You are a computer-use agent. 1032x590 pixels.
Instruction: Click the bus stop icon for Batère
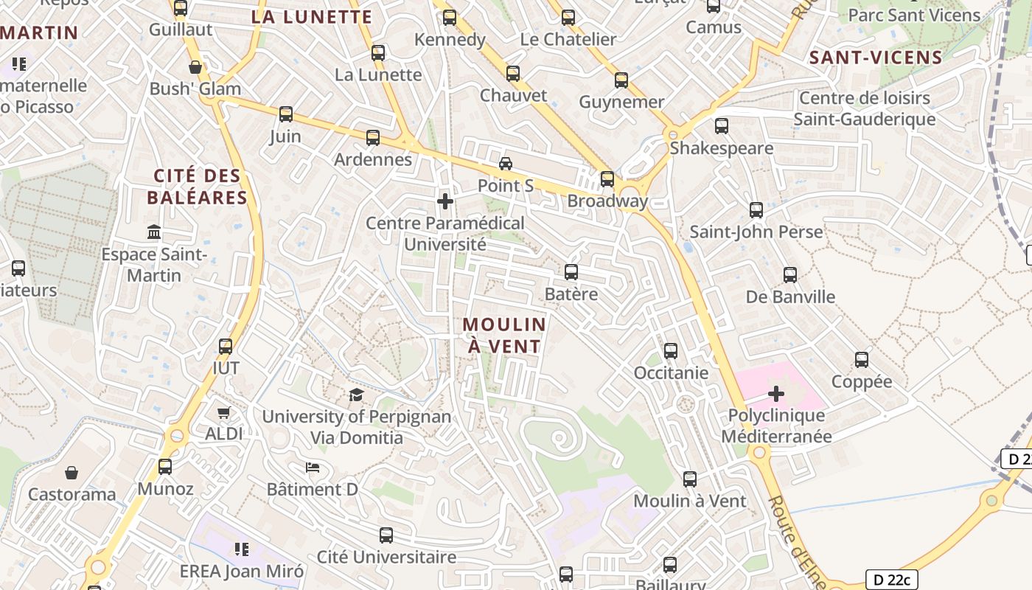coord(571,272)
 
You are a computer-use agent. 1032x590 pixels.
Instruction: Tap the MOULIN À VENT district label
coord(505,335)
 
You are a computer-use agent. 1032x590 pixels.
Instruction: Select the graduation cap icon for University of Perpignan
coord(357,395)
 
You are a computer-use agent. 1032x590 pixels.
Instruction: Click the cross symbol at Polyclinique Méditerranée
coord(776,394)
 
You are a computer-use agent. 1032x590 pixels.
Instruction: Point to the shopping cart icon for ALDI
coord(224,413)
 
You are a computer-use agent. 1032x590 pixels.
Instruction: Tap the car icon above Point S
coord(506,164)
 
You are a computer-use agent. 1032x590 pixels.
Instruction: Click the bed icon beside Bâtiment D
coord(313,468)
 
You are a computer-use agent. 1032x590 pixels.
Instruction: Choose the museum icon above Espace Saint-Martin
coord(154,233)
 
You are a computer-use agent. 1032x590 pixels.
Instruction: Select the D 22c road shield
coord(891,580)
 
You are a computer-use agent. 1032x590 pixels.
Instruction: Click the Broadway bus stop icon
coord(607,179)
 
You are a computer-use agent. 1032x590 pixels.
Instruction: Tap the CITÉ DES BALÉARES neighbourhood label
coord(197,187)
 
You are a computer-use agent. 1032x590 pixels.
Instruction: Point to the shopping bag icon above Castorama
coord(72,472)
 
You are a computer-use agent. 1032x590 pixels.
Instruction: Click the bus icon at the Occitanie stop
coord(671,351)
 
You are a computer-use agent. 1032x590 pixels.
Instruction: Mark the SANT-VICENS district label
coord(876,58)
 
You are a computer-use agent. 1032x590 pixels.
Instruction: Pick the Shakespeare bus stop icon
coord(722,126)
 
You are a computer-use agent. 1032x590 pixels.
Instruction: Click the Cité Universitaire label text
coord(386,557)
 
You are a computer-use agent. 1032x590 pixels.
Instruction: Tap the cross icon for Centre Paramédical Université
coord(445,201)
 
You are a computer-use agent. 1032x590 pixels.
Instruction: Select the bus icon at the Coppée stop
coord(862,360)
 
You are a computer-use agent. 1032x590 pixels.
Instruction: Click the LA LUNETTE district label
coord(312,16)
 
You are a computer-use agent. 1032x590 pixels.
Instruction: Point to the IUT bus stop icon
coord(226,346)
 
